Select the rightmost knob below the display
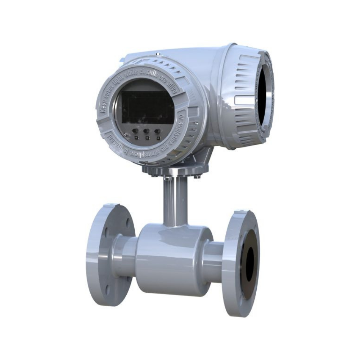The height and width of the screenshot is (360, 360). point(157,131)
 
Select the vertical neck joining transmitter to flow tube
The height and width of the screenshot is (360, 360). point(175,202)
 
